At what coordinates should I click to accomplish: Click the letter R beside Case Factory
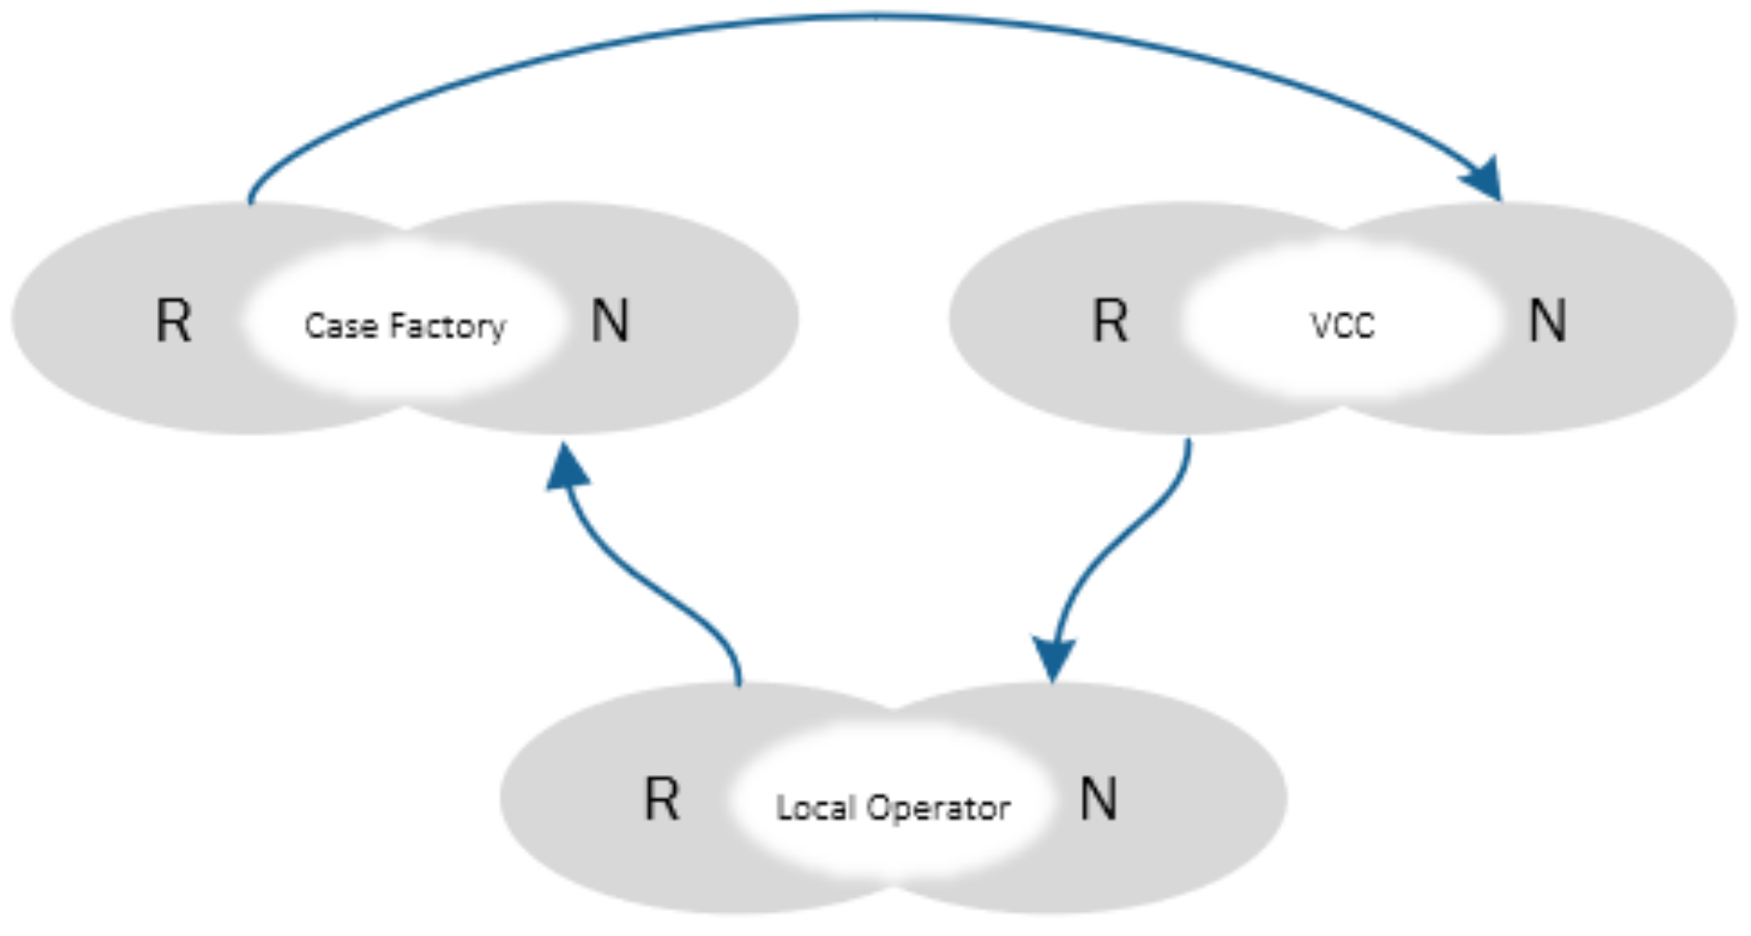coord(173,321)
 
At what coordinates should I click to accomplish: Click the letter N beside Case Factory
coord(610,321)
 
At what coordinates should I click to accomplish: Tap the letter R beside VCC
coord(1110,321)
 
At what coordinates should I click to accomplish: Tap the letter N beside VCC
coord(1547,321)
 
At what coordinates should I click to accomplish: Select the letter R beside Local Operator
coord(661,799)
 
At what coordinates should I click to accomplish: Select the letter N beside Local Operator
coord(1098,799)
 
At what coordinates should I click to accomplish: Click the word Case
coord(341,326)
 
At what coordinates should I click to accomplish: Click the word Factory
coord(447,327)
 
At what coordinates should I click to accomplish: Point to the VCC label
coord(1342,326)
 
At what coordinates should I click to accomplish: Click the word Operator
coord(938,807)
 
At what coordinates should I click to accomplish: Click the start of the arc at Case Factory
coord(250,197)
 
